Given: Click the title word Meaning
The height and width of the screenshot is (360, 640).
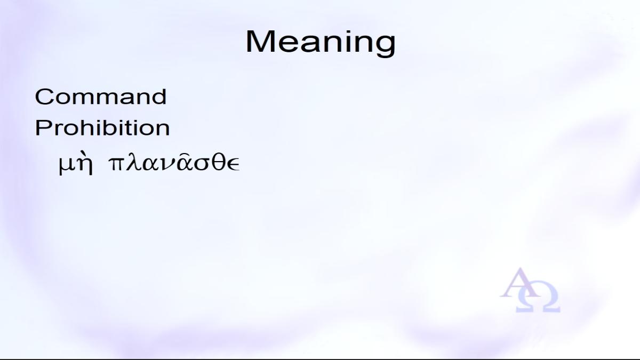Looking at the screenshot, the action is (321, 42).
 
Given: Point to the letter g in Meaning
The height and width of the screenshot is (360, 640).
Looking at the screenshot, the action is (386, 46).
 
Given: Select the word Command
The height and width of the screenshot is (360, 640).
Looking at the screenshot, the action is (101, 97).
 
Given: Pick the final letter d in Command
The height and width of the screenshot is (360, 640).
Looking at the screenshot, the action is (159, 97).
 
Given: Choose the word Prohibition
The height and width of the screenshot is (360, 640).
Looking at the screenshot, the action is (102, 127).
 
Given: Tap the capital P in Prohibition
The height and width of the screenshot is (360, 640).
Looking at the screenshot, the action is (42, 127).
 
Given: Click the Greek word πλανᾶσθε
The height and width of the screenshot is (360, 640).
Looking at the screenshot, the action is (174, 163).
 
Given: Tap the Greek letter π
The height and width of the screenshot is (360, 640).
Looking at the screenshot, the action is (116, 164).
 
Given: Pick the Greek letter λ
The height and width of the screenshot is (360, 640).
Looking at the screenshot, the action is (133, 163).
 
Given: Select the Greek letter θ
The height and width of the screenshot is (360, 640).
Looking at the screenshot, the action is (219, 163).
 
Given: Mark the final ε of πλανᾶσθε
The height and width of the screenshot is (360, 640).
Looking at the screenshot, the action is (234, 165).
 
